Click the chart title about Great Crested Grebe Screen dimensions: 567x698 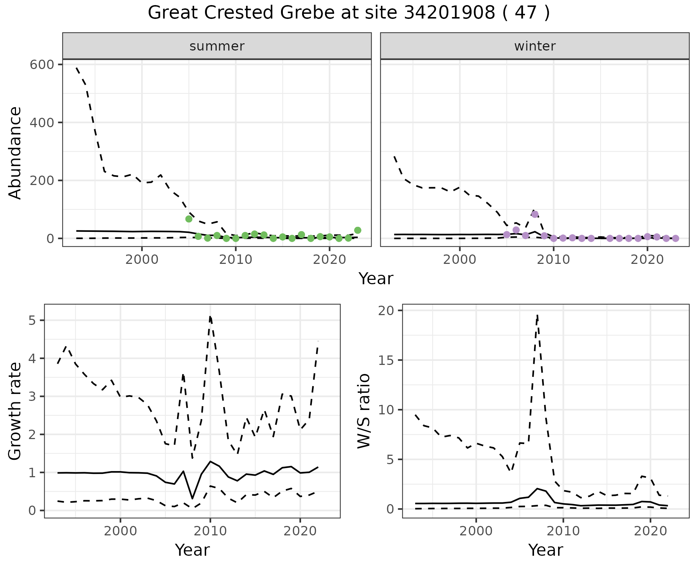(x=349, y=13)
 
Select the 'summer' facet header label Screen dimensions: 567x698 (x=217, y=46)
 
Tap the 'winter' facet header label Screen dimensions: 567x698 (x=535, y=46)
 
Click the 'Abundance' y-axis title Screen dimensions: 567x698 (x=15, y=153)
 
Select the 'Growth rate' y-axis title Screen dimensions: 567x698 (x=15, y=411)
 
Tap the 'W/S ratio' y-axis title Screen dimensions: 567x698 (x=364, y=411)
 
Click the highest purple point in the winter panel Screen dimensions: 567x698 (x=535, y=214)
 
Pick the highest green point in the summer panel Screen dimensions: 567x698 (x=189, y=219)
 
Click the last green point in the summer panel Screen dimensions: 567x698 (x=358, y=230)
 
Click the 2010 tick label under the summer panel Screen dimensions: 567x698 (x=236, y=260)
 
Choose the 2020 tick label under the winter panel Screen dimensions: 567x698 (x=647, y=260)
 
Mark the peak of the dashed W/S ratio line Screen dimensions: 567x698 (x=537, y=315)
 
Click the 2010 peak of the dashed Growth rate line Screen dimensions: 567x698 (x=210, y=317)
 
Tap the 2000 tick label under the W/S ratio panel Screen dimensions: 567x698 (x=476, y=531)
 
